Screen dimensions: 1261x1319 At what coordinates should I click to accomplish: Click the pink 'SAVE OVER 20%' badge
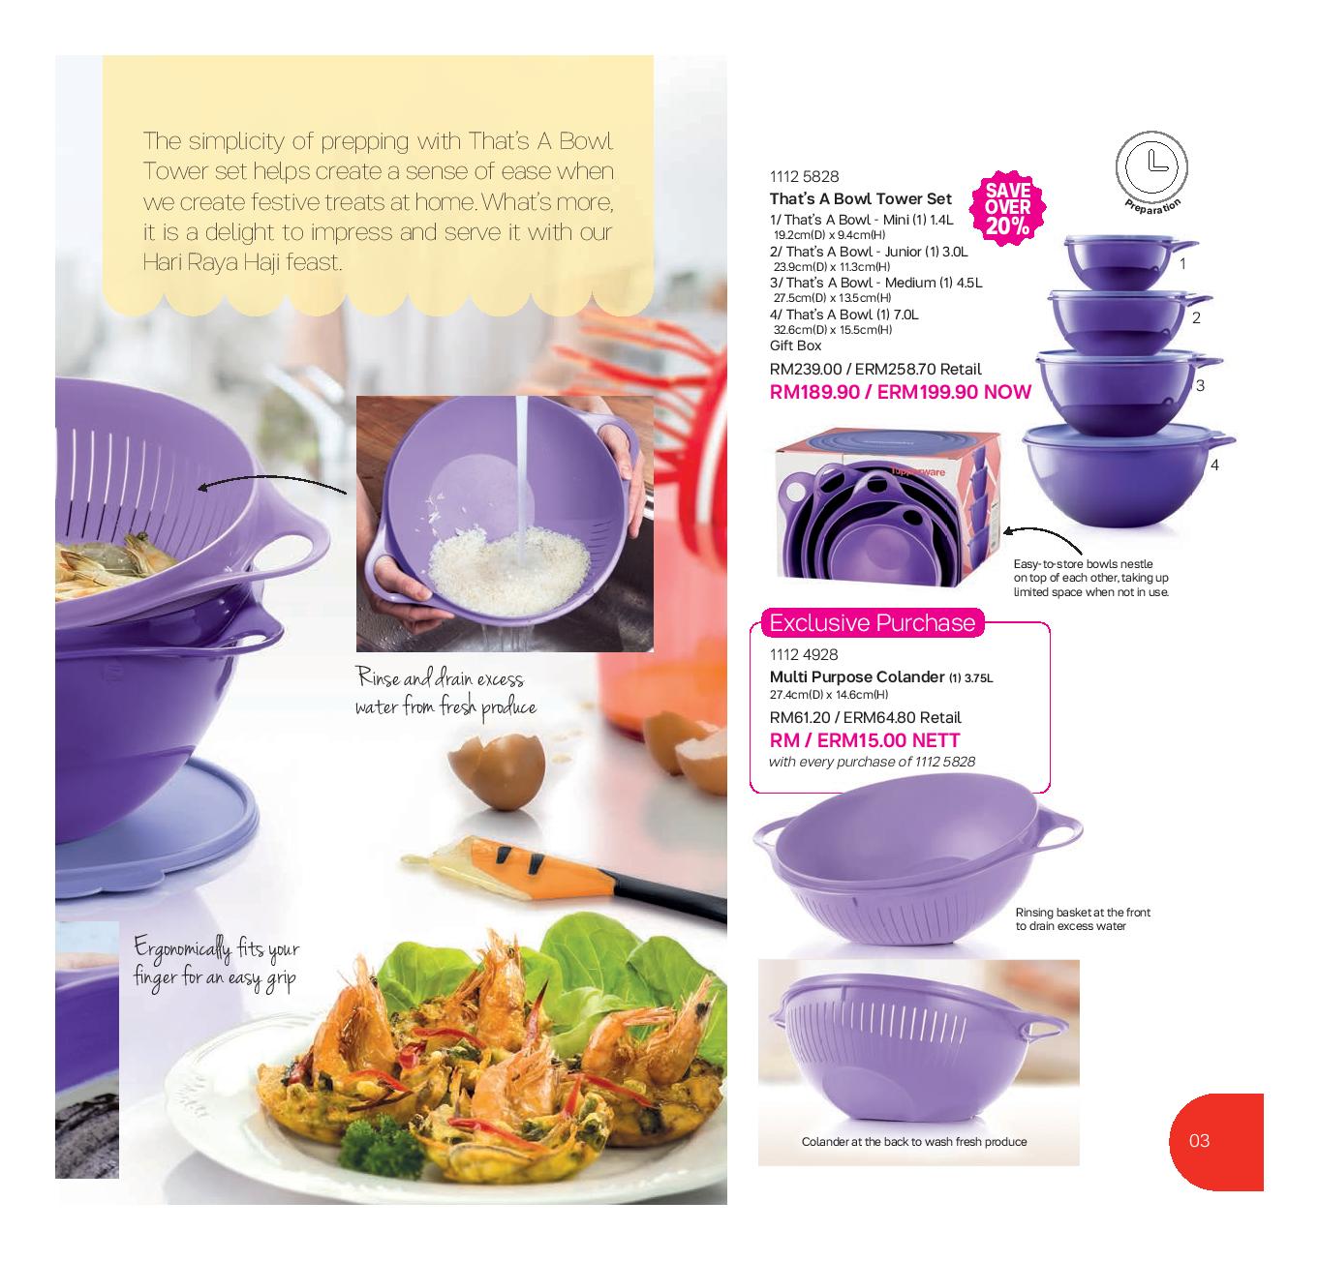click(x=1007, y=206)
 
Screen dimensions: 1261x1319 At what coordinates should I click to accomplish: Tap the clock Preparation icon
click(x=1151, y=165)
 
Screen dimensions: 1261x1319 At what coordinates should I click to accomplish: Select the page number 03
click(x=1199, y=1140)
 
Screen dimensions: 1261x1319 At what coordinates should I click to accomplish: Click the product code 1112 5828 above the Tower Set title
click(x=804, y=176)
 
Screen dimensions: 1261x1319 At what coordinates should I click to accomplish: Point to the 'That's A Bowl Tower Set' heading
click(x=860, y=198)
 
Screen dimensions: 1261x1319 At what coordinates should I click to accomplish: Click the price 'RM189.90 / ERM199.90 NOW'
click(x=900, y=392)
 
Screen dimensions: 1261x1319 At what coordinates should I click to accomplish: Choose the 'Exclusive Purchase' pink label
click(x=872, y=622)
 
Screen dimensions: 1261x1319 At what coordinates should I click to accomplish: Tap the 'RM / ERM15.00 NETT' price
click(x=865, y=740)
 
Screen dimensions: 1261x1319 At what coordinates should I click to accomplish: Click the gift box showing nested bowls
click(x=886, y=506)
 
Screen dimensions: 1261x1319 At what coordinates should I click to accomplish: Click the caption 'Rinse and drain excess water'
click(x=445, y=692)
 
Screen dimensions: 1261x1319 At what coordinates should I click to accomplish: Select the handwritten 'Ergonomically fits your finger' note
click(x=216, y=961)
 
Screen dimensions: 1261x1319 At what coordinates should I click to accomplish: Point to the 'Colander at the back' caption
click(x=913, y=1142)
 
